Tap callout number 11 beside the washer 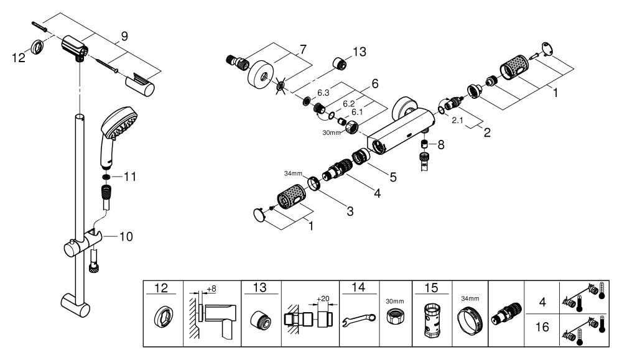pyautogui.click(x=129, y=177)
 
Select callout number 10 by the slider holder pyautogui.click(x=126, y=236)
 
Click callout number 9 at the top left pyautogui.click(x=124, y=37)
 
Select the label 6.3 pyautogui.click(x=323, y=93)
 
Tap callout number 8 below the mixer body pyautogui.click(x=442, y=145)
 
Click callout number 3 pyautogui.click(x=350, y=212)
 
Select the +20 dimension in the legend pyautogui.click(x=323, y=298)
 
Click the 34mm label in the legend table pyautogui.click(x=470, y=298)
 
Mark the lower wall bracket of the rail pyautogui.click(x=76, y=303)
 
